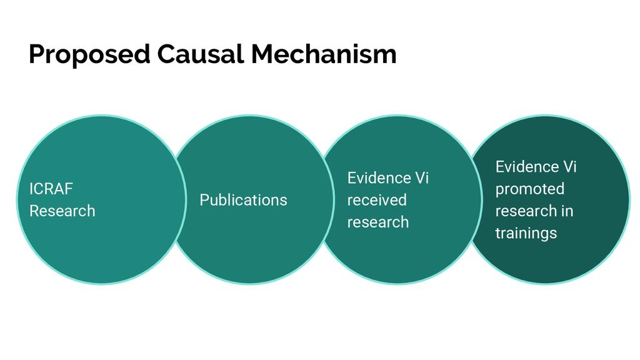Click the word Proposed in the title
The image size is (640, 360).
click(x=89, y=55)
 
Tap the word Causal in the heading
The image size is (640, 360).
click(x=201, y=54)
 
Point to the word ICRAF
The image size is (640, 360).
click(x=51, y=189)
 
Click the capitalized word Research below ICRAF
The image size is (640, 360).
click(x=62, y=211)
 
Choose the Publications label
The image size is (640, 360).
click(x=243, y=200)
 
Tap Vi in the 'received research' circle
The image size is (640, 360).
click(x=422, y=178)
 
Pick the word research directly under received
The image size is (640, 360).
click(x=378, y=222)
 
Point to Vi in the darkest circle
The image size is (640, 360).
click(x=571, y=167)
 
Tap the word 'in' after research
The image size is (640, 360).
click(x=567, y=211)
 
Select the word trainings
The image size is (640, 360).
click(x=526, y=233)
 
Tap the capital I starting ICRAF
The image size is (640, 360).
click(x=31, y=189)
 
